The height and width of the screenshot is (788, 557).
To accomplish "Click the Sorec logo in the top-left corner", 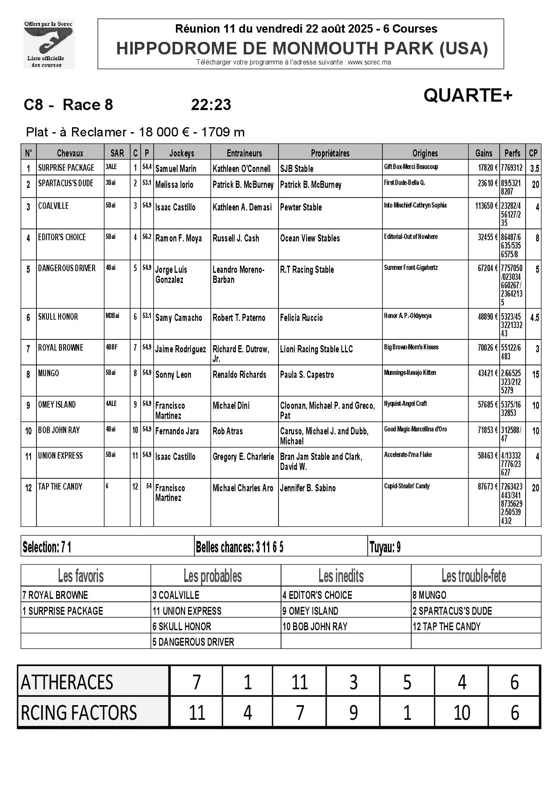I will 48,44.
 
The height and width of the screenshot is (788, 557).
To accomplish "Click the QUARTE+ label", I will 467,96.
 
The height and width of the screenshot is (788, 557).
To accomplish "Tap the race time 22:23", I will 211,105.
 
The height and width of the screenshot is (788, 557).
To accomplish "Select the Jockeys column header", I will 182,153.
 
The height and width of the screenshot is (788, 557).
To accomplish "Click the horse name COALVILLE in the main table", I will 53,206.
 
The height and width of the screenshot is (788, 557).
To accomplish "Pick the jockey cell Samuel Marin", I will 175,169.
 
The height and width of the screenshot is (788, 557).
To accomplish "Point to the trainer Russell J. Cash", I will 236,238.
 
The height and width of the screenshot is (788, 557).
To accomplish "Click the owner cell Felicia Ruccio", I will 301,318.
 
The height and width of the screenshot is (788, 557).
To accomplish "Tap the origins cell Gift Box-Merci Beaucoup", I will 411,167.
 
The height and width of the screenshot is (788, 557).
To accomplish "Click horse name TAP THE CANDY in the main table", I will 60,487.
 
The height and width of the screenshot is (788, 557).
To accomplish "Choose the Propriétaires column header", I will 330,153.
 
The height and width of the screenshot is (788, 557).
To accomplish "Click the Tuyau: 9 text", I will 385,547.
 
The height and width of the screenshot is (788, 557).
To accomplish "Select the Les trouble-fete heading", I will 474,576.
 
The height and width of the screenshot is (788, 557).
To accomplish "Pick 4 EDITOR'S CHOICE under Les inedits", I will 317,595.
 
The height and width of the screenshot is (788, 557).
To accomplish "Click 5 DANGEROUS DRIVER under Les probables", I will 193,642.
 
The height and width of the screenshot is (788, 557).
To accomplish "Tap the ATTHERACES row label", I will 67,682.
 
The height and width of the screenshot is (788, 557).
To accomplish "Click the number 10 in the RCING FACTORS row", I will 462,712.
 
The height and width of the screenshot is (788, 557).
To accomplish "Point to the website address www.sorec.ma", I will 369,62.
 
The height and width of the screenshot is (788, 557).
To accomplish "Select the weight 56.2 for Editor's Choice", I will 147,236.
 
